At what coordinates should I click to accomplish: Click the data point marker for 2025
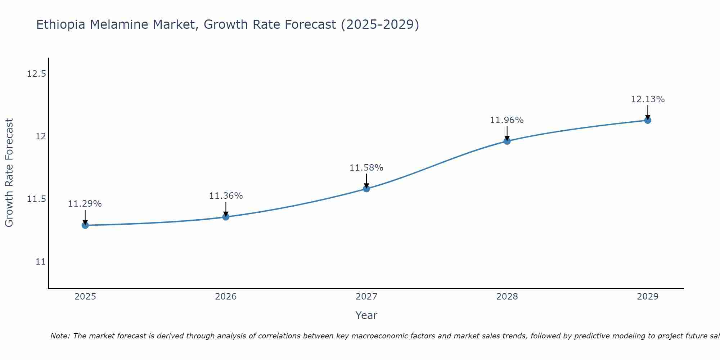85,225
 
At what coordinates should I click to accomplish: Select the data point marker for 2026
226,217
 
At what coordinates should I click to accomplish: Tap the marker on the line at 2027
366,189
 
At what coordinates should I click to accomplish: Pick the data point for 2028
507,141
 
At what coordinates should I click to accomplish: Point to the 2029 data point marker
648,120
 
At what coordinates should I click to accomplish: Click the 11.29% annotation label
85,204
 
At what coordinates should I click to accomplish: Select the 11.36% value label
226,196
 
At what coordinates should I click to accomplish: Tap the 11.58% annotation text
366,168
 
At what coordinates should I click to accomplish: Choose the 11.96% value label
507,120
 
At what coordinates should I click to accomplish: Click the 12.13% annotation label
648,99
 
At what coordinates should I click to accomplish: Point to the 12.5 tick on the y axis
36,74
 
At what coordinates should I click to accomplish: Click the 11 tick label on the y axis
41,262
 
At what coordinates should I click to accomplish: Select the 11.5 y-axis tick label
36,199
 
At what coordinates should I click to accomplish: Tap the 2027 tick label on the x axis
366,297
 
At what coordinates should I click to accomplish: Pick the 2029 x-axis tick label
648,297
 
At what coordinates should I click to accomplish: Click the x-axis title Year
366,315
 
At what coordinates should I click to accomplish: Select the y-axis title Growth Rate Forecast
9,173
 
